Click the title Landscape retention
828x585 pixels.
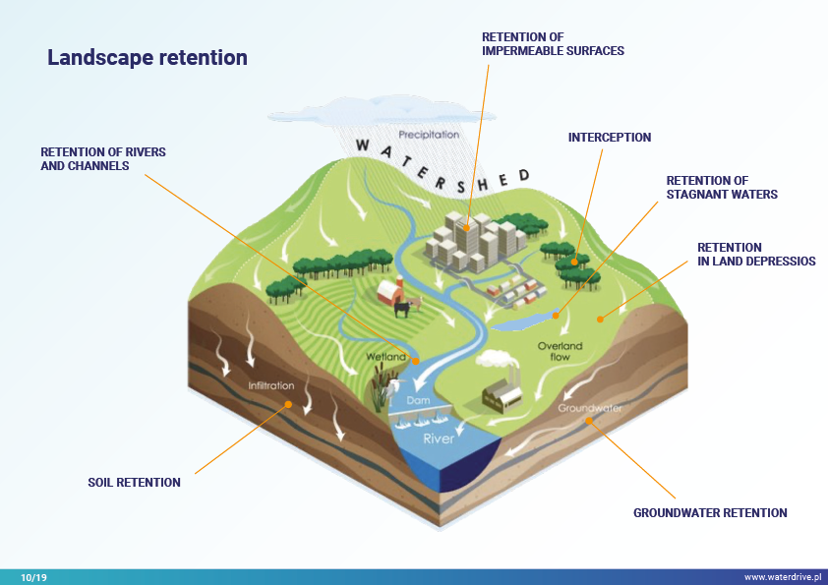click(148, 58)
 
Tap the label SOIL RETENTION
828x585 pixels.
click(134, 483)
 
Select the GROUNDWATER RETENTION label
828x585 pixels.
click(710, 513)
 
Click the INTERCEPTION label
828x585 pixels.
click(610, 138)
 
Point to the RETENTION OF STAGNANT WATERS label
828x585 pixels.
click(722, 188)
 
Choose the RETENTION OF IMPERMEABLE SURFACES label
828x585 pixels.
click(553, 43)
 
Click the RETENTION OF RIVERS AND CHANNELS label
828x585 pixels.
click(102, 159)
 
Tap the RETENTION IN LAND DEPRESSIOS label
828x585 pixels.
click(756, 255)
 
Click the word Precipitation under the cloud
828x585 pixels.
click(429, 135)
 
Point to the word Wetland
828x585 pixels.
click(386, 357)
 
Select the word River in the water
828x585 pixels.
click(439, 439)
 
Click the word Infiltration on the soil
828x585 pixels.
click(271, 386)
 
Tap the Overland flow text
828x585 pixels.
click(560, 351)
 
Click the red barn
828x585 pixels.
click(391, 291)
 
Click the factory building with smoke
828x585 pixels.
click(502, 393)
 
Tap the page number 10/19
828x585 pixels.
click(33, 577)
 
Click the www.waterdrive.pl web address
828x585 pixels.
click(785, 577)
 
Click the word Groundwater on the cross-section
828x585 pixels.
click(590, 407)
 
